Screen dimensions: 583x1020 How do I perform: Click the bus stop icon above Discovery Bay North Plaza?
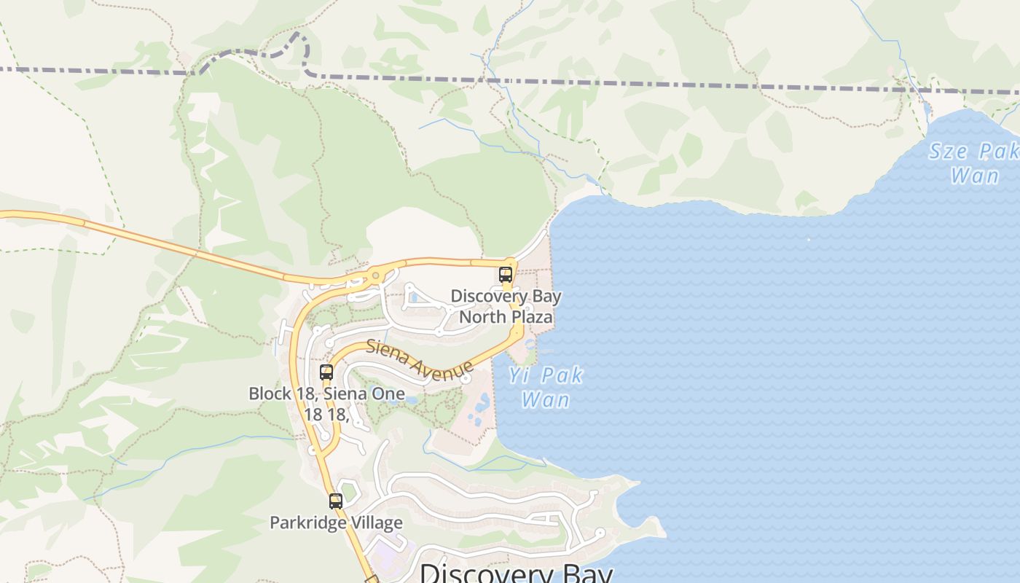click(x=506, y=275)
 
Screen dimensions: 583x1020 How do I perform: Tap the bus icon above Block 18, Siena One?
click(x=326, y=372)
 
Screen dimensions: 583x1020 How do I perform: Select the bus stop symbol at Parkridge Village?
click(x=335, y=501)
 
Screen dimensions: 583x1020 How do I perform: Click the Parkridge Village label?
click(x=336, y=523)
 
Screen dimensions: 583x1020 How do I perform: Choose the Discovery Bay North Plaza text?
click(x=506, y=307)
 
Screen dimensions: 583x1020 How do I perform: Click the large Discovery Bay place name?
click(x=516, y=573)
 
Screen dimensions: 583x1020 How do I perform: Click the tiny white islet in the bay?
click(x=808, y=238)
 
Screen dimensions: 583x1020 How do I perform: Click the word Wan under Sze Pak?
click(x=975, y=176)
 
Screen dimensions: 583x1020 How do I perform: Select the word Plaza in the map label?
click(x=530, y=317)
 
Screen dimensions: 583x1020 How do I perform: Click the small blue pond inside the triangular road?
click(x=414, y=297)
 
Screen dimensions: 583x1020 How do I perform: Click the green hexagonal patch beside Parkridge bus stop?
click(x=348, y=492)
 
